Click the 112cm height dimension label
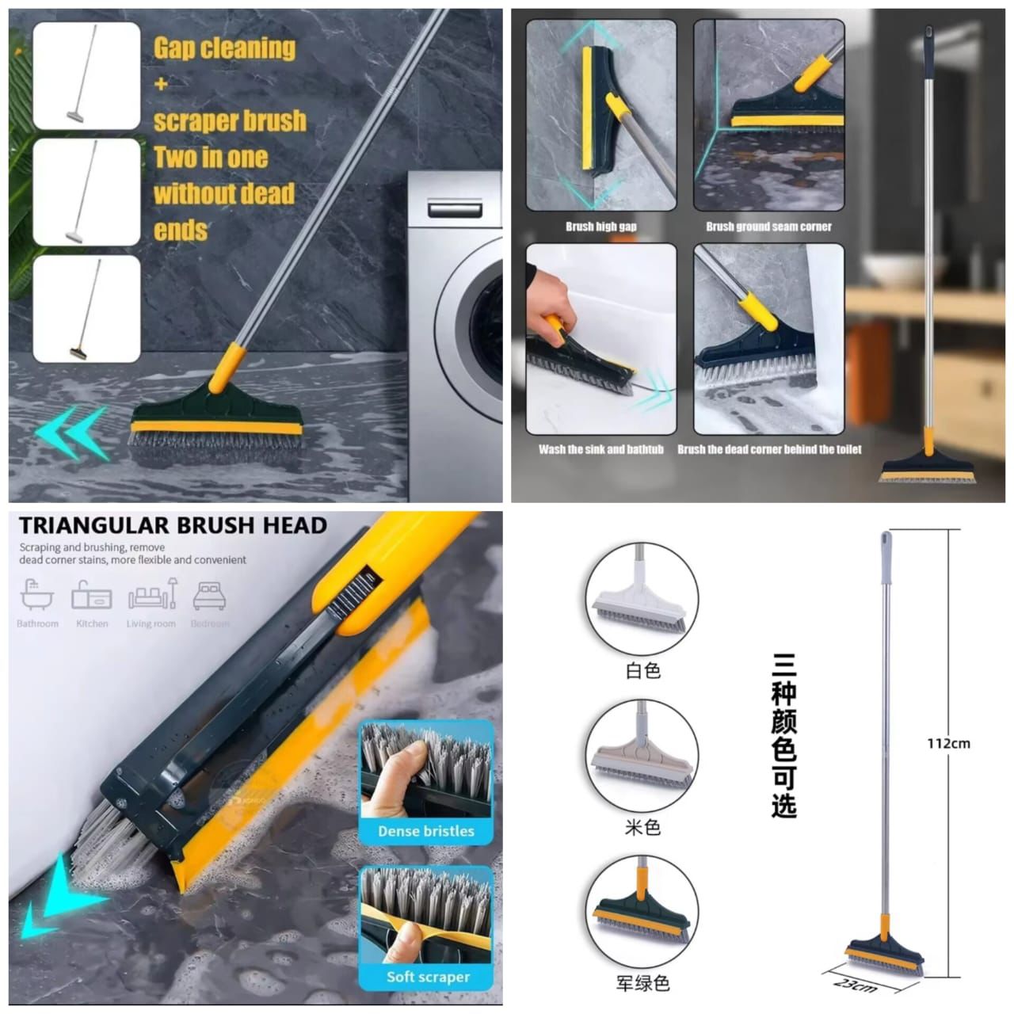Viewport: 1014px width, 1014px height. (x=948, y=743)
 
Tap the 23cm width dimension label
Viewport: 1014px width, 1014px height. (x=856, y=985)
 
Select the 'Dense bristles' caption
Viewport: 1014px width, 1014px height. (x=425, y=831)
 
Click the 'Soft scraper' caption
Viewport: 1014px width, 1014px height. (x=428, y=977)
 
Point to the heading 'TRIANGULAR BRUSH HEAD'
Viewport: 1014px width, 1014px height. (x=173, y=525)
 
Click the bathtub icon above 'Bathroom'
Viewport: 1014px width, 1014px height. (x=36, y=595)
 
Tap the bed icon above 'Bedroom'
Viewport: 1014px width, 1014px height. (x=210, y=595)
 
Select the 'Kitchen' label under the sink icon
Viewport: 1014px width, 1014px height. (x=92, y=623)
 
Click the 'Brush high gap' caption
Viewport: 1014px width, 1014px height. (x=601, y=227)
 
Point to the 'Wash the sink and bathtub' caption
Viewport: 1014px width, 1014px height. (x=601, y=449)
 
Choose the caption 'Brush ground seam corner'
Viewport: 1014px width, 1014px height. (x=768, y=227)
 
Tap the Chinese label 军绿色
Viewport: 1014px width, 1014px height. (x=642, y=983)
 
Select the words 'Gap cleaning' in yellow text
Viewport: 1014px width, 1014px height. (x=224, y=48)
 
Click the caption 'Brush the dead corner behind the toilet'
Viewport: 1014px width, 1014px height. (x=769, y=449)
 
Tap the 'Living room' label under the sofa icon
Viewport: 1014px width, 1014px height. (x=151, y=623)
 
